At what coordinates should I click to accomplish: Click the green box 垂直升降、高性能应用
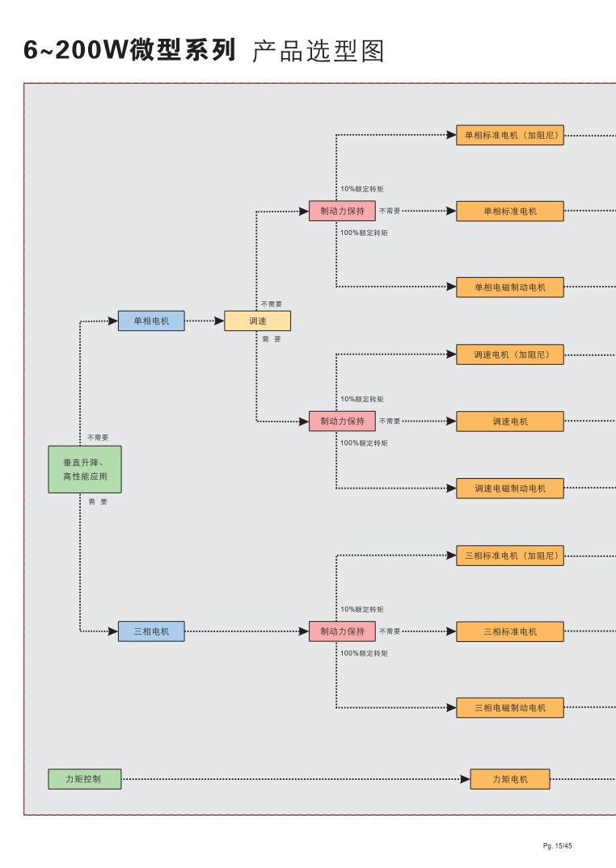pos(85,469)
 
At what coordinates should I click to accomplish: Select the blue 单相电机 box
pos(151,321)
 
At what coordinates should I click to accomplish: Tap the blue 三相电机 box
pos(151,631)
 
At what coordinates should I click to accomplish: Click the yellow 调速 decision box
pos(257,321)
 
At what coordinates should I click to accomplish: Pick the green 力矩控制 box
pos(85,779)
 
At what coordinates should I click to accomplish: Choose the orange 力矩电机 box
pos(510,779)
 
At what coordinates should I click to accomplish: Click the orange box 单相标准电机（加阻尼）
pos(510,136)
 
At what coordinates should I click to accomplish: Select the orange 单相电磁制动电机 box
pos(510,287)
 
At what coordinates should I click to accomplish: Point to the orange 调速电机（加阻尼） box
pos(510,354)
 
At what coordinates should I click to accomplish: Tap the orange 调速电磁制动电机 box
pos(510,489)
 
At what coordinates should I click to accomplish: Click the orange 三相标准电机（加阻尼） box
pos(510,556)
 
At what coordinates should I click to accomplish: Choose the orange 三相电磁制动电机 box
pos(510,708)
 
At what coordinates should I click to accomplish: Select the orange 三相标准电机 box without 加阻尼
pos(510,631)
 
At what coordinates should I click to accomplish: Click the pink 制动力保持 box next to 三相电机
pos(342,631)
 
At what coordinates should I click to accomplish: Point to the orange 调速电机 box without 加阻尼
pos(510,421)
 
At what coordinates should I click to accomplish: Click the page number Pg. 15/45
pos(558,845)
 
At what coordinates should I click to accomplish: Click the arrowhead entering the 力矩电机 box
pos(465,779)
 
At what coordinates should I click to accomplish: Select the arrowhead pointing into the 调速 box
pos(219,321)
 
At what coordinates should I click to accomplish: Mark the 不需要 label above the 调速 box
pos(272,304)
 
